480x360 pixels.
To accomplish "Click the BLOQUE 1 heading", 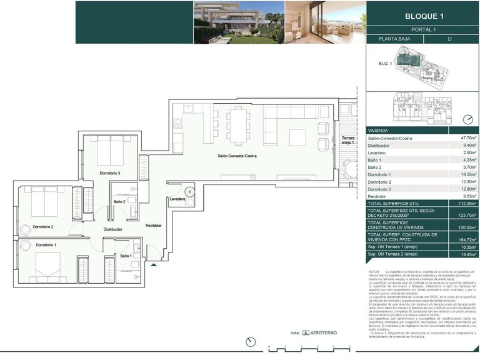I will point(423,16).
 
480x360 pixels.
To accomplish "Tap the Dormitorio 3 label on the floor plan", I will point(109,173).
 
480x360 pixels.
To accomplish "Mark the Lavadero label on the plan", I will point(177,199).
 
